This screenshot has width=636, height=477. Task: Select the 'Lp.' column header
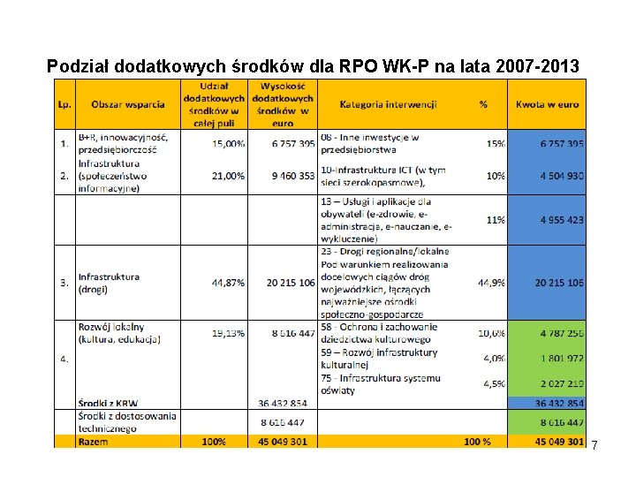[64, 104]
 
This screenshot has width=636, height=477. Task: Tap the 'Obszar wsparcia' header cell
[128, 104]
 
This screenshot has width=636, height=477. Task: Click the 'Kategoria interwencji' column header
[388, 104]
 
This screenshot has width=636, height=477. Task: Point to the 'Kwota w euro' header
[548, 104]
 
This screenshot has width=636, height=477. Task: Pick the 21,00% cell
[228, 176]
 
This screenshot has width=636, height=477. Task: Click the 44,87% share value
[228, 283]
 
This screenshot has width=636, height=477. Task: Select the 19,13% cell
[228, 333]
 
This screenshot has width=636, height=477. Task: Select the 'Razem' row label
[95, 441]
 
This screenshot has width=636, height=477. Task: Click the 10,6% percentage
[491, 333]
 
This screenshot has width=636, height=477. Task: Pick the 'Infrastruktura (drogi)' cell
[109, 283]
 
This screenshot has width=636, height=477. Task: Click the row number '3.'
[64, 283]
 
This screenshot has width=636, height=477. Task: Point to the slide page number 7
[594, 445]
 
